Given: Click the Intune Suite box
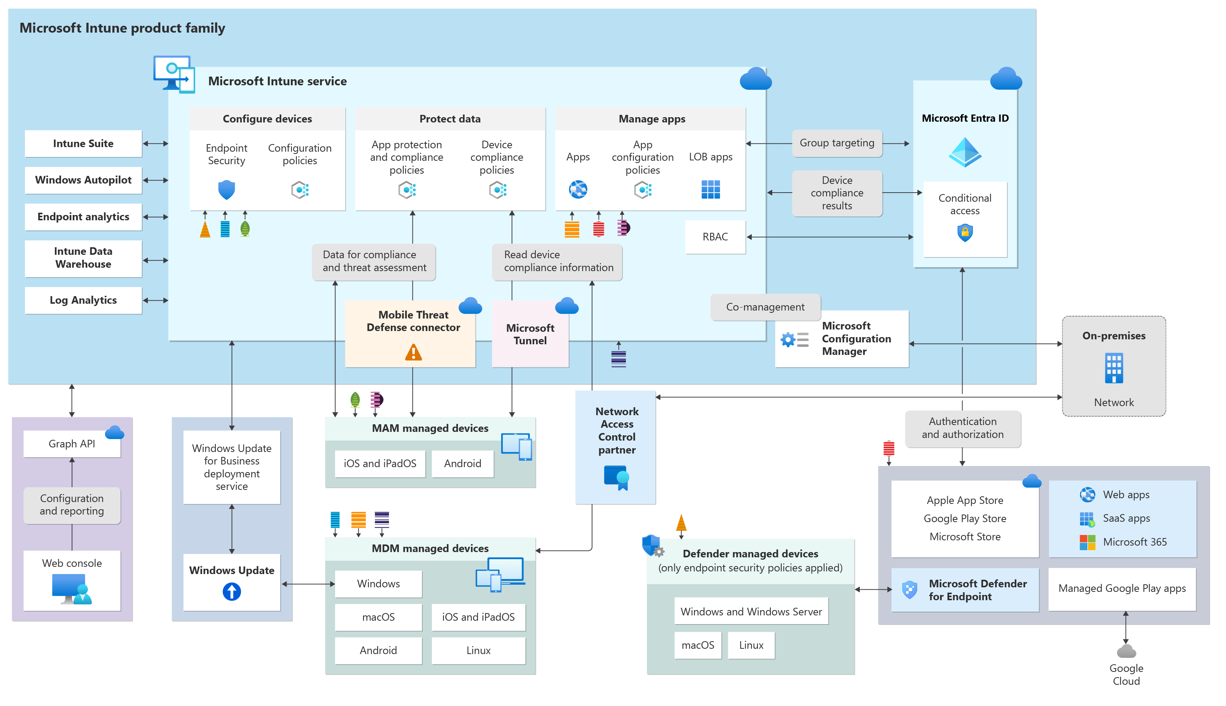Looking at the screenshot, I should (83, 144).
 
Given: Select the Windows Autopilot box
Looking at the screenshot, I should (83, 180).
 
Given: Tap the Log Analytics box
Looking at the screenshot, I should (83, 300).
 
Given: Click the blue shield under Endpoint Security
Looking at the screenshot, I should (226, 190).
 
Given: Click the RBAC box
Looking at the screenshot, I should (715, 237).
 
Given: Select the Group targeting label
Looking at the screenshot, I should (836, 143).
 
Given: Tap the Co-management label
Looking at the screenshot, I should (765, 307).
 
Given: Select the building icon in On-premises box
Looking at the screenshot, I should (1113, 368).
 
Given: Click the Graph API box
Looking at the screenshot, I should (72, 444).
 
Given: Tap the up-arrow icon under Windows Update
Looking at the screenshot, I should (231, 591).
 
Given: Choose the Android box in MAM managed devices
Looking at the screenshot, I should (462, 464).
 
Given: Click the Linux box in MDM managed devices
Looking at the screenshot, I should (478, 650).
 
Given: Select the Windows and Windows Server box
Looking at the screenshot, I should (751, 612).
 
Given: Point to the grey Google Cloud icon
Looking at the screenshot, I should (1126, 651).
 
